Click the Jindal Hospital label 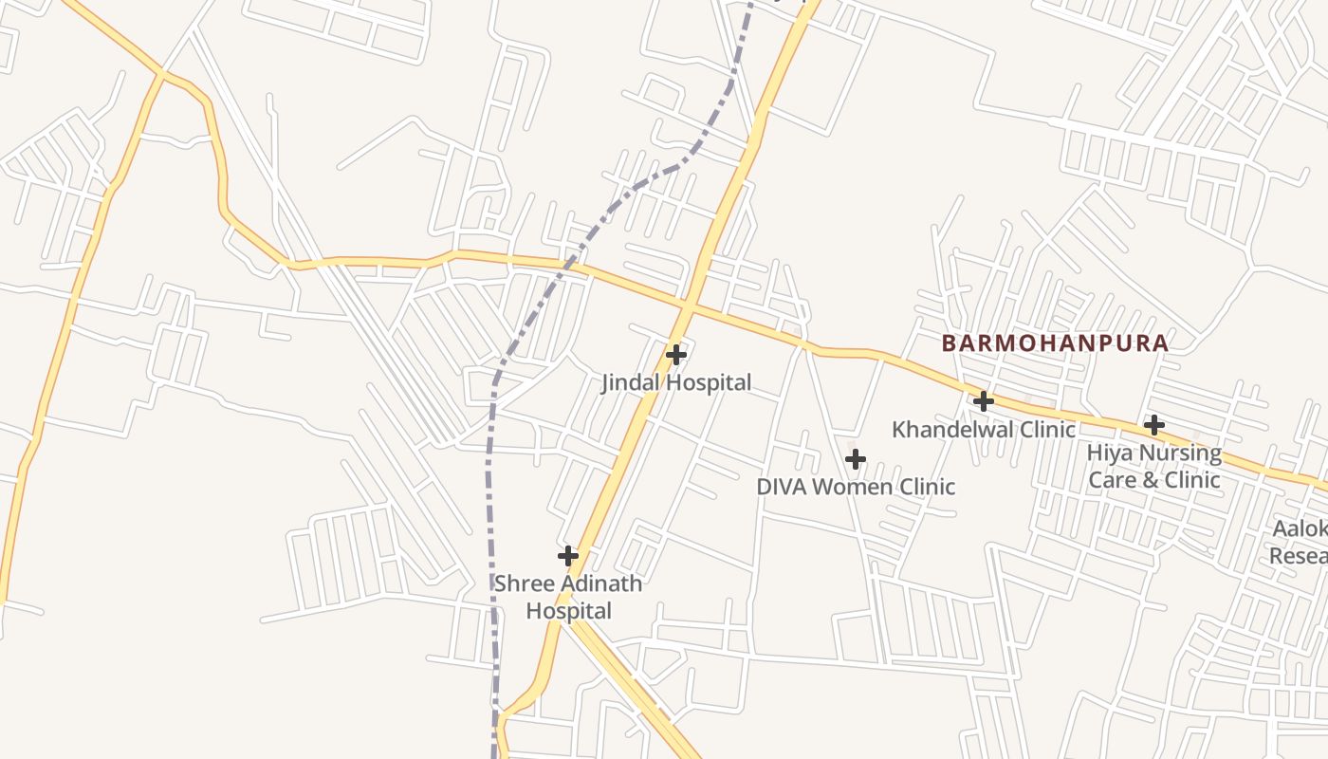click(676, 383)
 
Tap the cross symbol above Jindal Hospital click(676, 355)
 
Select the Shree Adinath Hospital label click(568, 597)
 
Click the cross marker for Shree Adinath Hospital click(568, 555)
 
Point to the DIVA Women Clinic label click(856, 487)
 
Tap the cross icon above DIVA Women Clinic click(856, 459)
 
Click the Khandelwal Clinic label click(984, 430)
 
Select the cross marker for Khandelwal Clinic click(984, 401)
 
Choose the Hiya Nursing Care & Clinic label click(1154, 466)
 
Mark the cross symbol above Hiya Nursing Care click(1154, 424)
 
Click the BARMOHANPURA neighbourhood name click(1055, 343)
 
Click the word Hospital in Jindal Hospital click(708, 383)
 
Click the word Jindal click(629, 383)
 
